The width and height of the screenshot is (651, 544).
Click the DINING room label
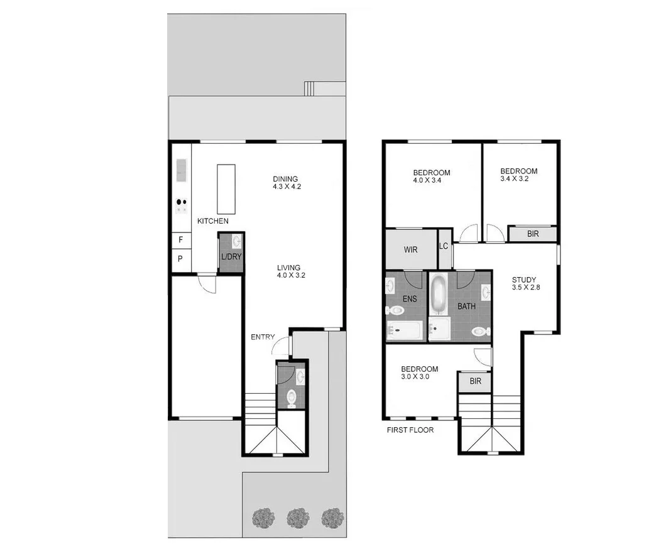point(285,179)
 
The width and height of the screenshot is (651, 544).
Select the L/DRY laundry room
point(231,253)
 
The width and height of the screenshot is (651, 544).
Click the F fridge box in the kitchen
point(181,239)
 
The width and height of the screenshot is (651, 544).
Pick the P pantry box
point(181,259)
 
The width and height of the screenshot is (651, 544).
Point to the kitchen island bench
point(226,189)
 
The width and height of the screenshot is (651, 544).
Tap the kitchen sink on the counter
point(182,169)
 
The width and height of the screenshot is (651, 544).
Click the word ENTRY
point(263,337)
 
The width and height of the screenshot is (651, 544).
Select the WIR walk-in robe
point(410,249)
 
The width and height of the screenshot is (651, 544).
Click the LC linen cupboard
point(444,246)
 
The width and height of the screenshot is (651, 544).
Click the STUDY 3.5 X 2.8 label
point(524,283)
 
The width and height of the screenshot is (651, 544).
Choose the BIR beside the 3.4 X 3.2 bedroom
point(532,234)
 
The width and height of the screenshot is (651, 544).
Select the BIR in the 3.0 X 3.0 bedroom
point(475,381)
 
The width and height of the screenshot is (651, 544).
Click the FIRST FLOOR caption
point(410,430)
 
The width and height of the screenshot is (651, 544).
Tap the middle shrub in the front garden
point(297,518)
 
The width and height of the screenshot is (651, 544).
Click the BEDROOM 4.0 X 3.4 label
point(431,177)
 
